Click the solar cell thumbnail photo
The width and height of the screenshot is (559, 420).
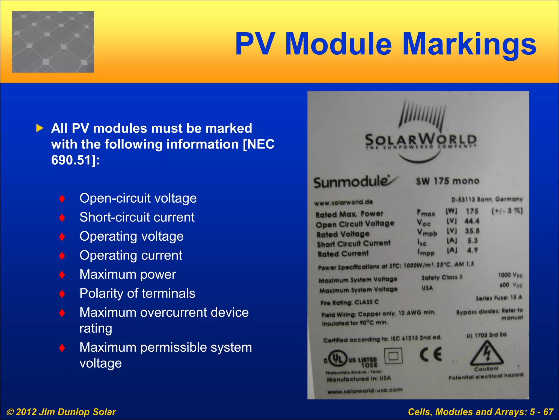[53, 42]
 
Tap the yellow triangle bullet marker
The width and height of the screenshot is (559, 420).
[40, 128]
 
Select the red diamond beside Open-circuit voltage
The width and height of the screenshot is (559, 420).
[62, 199]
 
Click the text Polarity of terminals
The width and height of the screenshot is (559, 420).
[137, 293]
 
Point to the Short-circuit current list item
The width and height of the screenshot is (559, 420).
[137, 217]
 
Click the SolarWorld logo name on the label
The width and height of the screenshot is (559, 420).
[421, 140]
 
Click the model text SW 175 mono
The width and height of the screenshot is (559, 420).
[448, 181]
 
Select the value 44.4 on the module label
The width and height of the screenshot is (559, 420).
[472, 221]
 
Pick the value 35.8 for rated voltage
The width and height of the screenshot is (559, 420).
[472, 231]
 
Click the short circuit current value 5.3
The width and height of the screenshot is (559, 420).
[472, 241]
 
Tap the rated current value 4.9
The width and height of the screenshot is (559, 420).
[472, 250]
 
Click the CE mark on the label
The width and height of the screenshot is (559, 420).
[430, 355]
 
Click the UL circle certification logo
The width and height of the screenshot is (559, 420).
[337, 358]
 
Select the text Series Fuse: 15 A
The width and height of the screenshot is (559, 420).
[499, 298]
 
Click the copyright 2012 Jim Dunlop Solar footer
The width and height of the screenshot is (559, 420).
[61, 412]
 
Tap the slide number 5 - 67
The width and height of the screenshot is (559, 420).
[542, 412]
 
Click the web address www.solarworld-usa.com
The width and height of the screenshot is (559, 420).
[365, 391]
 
